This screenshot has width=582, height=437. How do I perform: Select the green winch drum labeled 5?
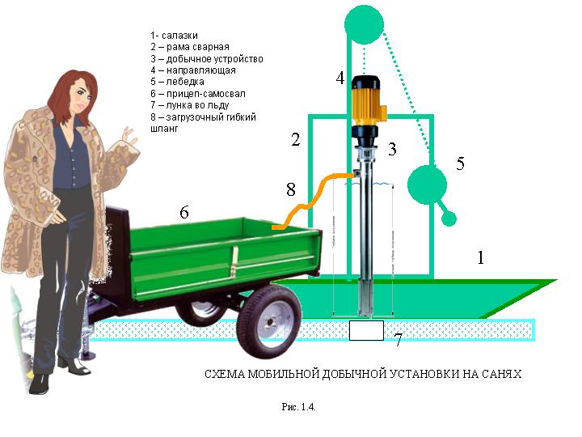coord(427,185)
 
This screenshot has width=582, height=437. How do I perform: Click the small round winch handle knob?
coord(450,218)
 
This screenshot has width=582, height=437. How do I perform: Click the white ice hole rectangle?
coord(366,330)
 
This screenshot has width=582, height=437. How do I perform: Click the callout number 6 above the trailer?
coord(184,212)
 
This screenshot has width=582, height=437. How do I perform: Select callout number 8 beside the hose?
coord(291,191)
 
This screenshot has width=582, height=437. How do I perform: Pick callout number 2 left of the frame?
coord(296,140)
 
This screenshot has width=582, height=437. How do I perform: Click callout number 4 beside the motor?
coord(340,78)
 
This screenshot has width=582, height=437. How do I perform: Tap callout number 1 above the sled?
coord(481,258)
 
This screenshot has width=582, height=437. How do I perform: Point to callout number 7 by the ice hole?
coord(398,341)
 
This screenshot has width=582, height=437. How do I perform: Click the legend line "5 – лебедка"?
coord(177,82)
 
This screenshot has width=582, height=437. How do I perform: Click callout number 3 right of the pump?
coord(391,149)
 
